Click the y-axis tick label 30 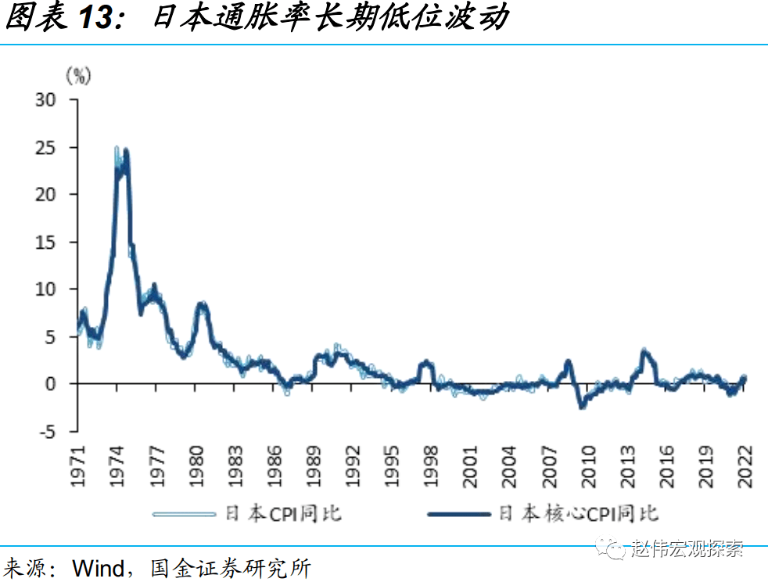[48, 100]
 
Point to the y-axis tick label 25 [48, 147]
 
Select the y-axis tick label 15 [48, 242]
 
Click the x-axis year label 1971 [77, 467]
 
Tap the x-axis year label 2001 [471, 467]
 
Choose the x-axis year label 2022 [745, 467]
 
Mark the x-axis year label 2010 [588, 467]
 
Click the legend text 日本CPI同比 [284, 514]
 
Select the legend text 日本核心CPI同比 [579, 514]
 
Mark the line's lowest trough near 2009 [582, 406]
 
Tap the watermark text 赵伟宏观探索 [687, 548]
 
